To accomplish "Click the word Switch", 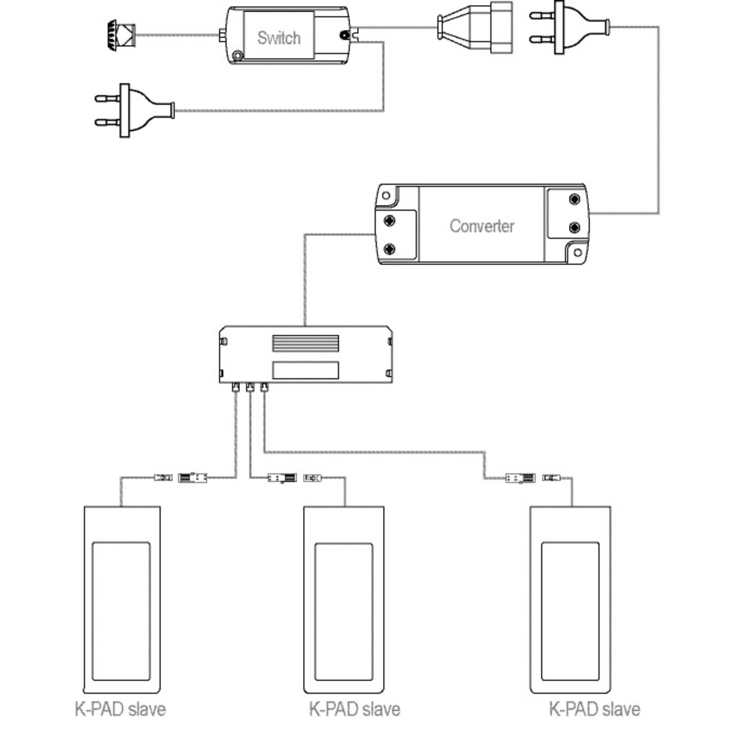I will pos(279,38).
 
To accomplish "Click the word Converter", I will pos(482,226).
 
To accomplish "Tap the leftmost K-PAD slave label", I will pos(120,709).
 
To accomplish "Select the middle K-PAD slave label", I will pos(354,709).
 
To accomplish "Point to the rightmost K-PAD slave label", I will pos(594,709).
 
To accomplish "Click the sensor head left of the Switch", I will pos(120,35).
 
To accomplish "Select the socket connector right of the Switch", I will pos(475,28).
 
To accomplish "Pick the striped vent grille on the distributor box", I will pos(305,343).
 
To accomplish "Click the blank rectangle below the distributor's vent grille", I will pos(305,370).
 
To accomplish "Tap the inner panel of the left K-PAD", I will pos(121,611).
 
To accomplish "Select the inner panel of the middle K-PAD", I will pos(343,611).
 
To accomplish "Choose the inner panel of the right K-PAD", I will pos(570,611).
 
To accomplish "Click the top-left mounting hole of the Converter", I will pos(386,196).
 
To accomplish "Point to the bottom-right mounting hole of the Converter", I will pos(578,253).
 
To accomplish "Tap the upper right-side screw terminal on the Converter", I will pos(574,199).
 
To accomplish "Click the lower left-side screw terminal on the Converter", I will pos(390,249).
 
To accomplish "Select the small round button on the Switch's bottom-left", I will pos(238,56).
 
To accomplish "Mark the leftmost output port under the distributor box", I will pos(235,388).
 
